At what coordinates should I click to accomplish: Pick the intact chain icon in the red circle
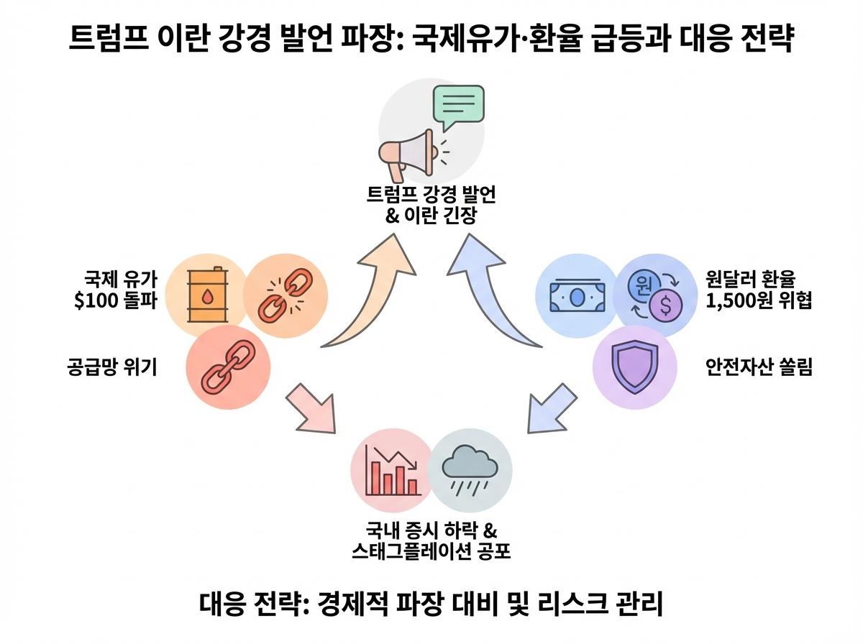click(228, 367)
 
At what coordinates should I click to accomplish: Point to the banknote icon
click(577, 295)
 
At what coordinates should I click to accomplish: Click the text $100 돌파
click(116, 300)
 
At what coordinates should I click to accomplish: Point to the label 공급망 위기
click(112, 367)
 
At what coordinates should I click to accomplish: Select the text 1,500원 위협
click(759, 300)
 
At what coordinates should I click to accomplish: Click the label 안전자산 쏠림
click(759, 367)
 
